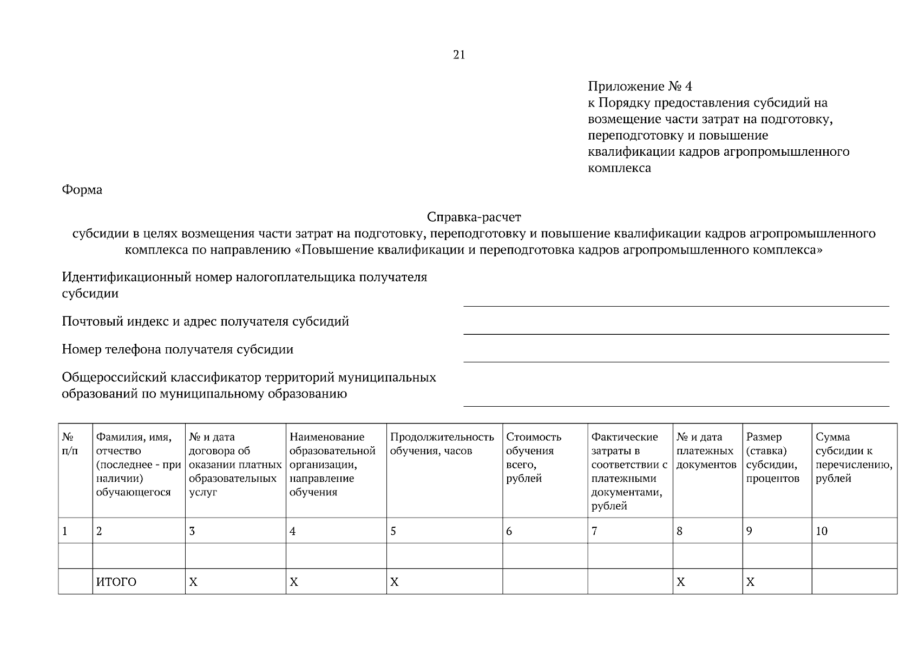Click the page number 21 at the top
pyautogui.click(x=458, y=55)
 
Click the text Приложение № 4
pyautogui.click(x=639, y=87)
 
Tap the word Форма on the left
pyautogui.click(x=82, y=190)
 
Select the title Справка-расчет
pyautogui.click(x=474, y=217)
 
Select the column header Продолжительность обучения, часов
pyautogui.click(x=442, y=443)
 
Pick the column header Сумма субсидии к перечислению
pyautogui.click(x=854, y=457)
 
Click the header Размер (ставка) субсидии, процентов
pyautogui.click(x=772, y=457)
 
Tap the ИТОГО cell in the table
pyautogui.click(x=116, y=582)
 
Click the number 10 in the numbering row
pyautogui.click(x=821, y=531)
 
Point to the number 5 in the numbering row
pyautogui.click(x=393, y=531)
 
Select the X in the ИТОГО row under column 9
pyautogui.click(x=750, y=582)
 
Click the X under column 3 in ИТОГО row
pyautogui.click(x=193, y=582)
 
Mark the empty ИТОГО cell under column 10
pyautogui.click(x=854, y=581)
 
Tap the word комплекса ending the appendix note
pyautogui.click(x=619, y=168)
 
